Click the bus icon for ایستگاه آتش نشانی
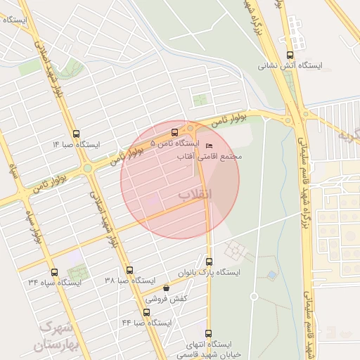pos(290,56)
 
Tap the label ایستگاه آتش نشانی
pos(290,66)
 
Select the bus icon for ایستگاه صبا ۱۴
pos(77,134)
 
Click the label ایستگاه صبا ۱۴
pos(77,144)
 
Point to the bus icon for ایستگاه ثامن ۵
pos(174,132)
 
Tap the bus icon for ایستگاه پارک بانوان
pos(209,262)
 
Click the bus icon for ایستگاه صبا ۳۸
pos(129,270)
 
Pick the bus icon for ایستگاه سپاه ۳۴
pos(54,271)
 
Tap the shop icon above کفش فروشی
pos(166,288)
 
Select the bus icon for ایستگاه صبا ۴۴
pos(146,311)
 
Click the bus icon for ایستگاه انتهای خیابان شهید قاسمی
pos(207,333)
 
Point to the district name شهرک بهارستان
pos(56,336)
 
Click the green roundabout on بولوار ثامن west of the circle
pos(87,168)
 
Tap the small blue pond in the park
pos(271,275)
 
